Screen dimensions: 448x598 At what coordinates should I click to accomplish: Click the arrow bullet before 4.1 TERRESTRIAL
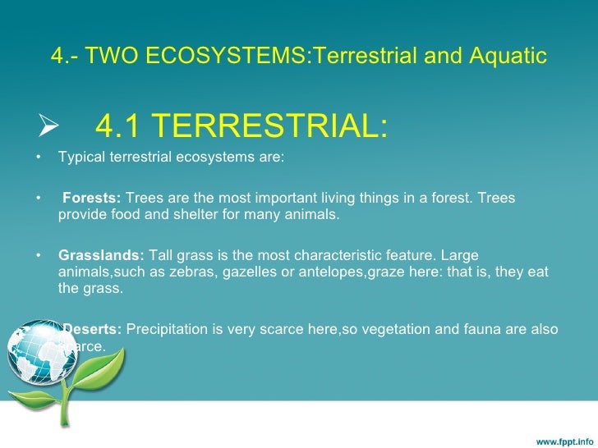(39, 127)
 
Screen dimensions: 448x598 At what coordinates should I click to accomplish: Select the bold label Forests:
(92, 198)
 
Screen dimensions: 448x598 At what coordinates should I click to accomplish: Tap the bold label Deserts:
(93, 329)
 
